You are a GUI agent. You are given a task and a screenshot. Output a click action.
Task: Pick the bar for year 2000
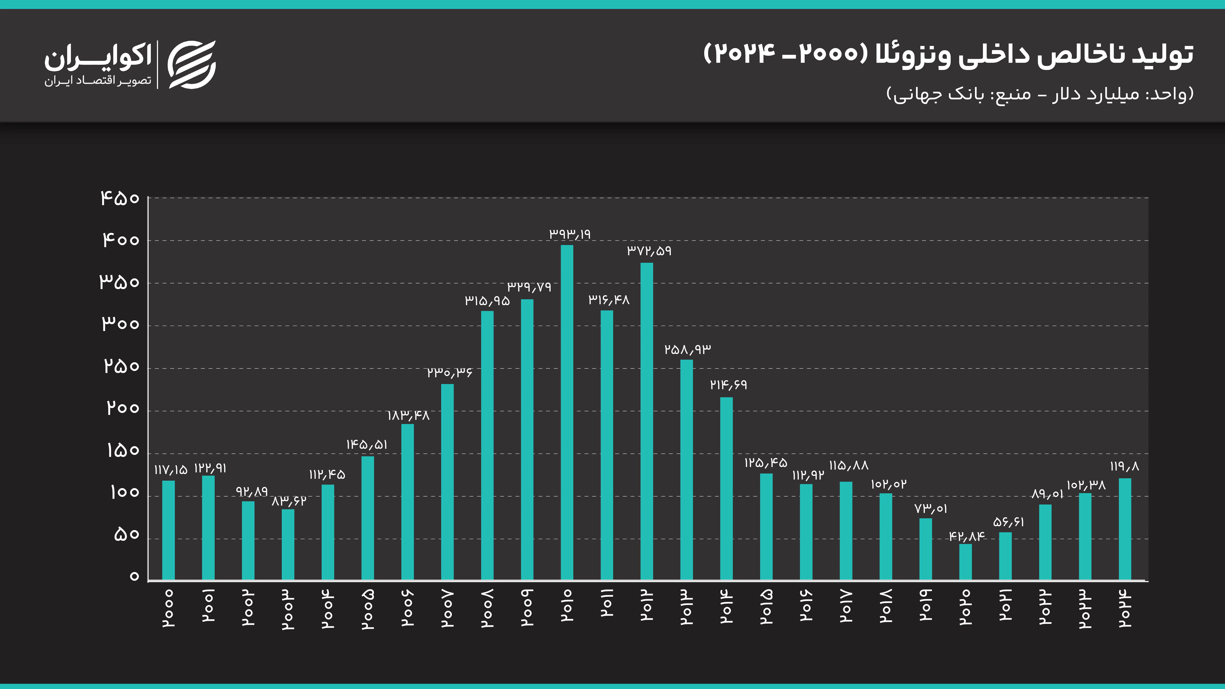click(168, 530)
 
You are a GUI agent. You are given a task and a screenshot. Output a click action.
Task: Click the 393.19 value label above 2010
click(570, 234)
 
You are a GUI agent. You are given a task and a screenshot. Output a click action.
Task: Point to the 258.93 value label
click(688, 350)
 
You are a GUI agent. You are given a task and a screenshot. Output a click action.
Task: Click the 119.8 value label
click(1125, 467)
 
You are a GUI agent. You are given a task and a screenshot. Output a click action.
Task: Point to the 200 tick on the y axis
click(123, 408)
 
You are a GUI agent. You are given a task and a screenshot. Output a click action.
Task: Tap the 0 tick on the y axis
click(134, 576)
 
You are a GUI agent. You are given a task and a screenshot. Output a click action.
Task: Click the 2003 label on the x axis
click(288, 610)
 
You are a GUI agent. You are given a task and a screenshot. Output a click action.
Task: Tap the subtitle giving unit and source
click(1040, 94)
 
